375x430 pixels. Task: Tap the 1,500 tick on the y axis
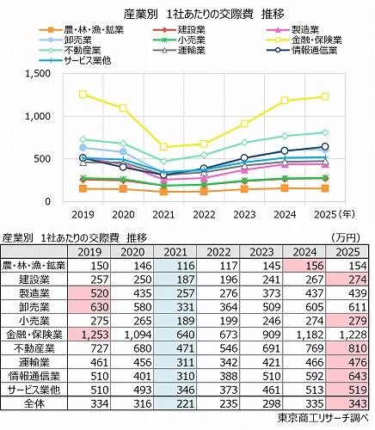coord(39,74)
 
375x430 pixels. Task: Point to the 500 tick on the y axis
coord(44,159)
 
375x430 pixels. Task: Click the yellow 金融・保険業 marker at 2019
coord(83,95)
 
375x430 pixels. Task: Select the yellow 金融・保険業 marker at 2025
coord(324,96)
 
